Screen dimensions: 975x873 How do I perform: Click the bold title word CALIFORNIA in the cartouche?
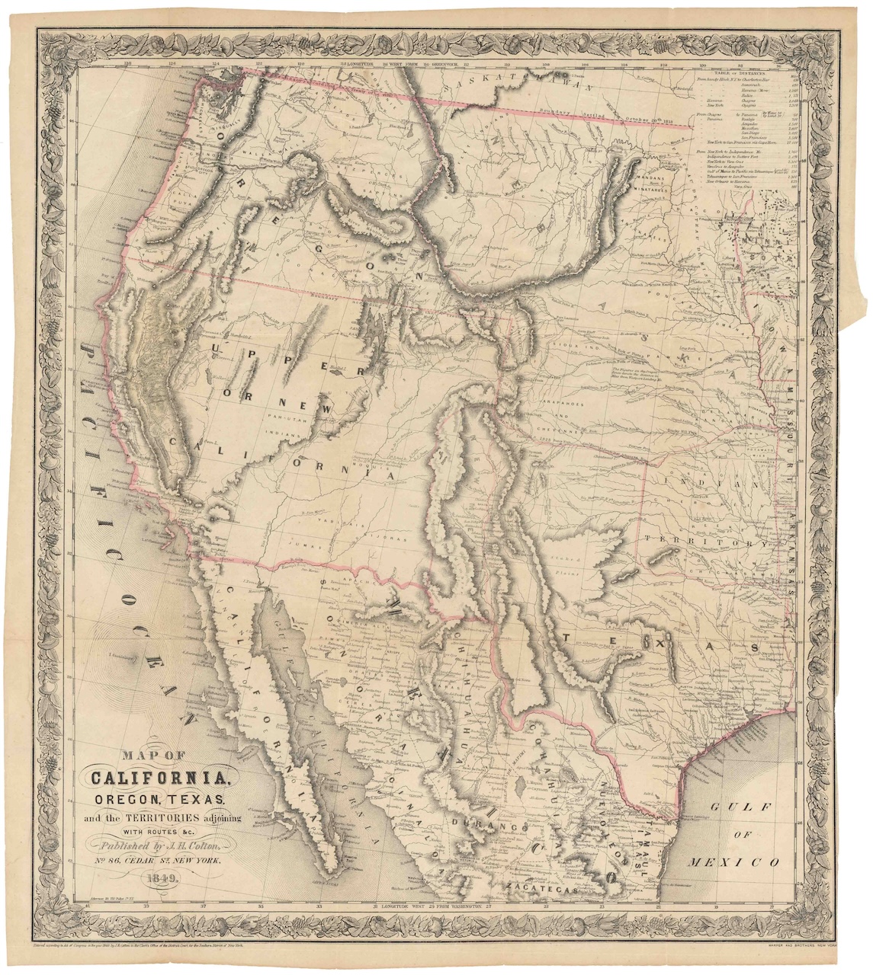[159, 778]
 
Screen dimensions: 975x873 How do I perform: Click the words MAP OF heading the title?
[150, 756]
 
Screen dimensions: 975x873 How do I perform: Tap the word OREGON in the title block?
[127, 799]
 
